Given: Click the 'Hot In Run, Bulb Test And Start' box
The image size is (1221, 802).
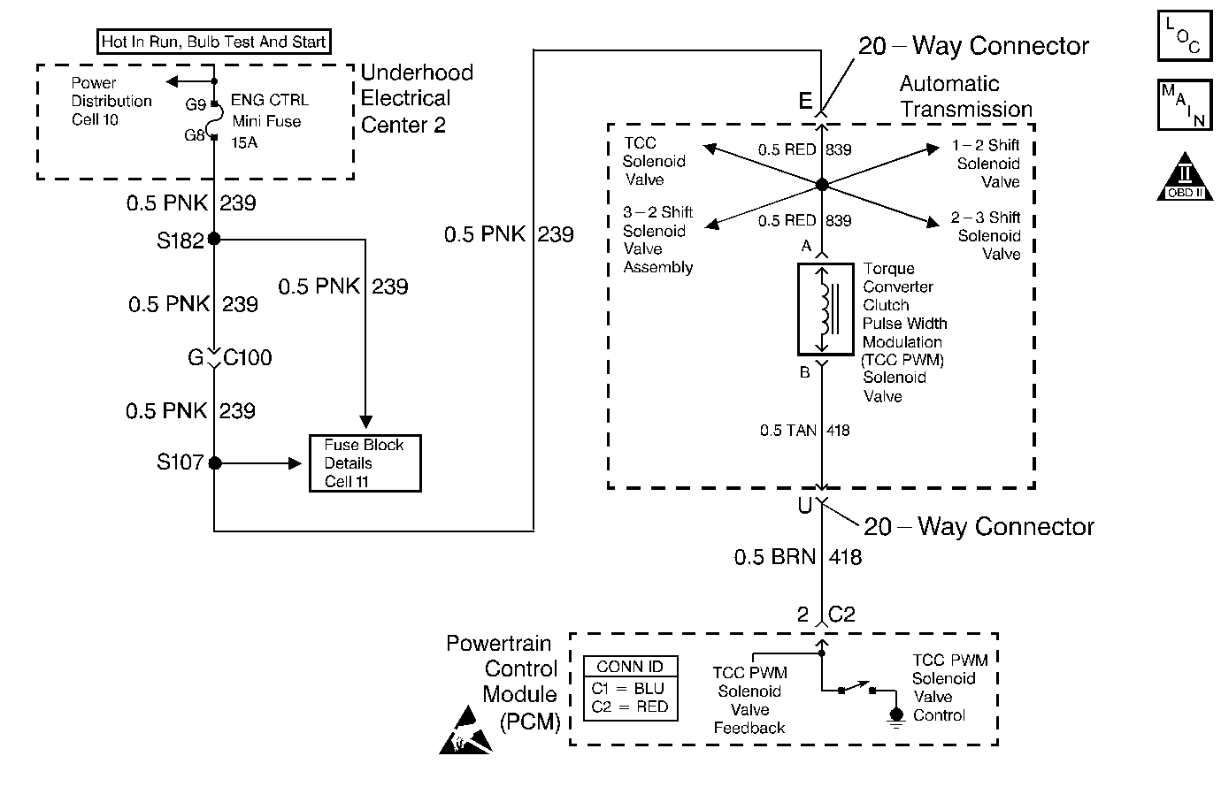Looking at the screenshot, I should [x=213, y=42].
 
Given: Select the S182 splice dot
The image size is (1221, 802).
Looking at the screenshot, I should [x=214, y=239].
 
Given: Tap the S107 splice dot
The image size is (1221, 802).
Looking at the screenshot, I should [x=214, y=462].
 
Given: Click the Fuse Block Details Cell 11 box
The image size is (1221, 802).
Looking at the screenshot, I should [x=365, y=462].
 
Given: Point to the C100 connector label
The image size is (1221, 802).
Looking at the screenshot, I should [x=248, y=358].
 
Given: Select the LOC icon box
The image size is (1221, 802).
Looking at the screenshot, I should [x=1184, y=36].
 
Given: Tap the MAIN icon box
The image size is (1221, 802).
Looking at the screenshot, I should [x=1184, y=105].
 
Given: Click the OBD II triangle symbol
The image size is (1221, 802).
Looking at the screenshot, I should [x=1185, y=178].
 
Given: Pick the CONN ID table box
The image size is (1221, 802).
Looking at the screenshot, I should [x=630, y=688].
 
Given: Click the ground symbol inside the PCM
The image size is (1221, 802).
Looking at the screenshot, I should [x=895, y=716].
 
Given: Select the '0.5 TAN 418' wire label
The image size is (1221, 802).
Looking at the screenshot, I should [x=804, y=431].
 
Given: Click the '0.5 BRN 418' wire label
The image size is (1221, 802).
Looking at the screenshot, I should [x=797, y=557].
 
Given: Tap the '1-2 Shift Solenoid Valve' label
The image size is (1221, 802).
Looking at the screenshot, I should [x=987, y=164].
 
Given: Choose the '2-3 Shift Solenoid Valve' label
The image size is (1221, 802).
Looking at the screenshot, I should [x=987, y=235].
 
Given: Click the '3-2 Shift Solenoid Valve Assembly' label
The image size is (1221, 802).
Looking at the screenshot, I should [x=657, y=240].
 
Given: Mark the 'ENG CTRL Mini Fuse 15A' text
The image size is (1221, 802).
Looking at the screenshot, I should [x=265, y=121].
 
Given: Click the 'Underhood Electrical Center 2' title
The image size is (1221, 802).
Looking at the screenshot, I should [x=416, y=98].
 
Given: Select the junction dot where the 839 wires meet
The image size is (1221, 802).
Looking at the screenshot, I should [x=822, y=185].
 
